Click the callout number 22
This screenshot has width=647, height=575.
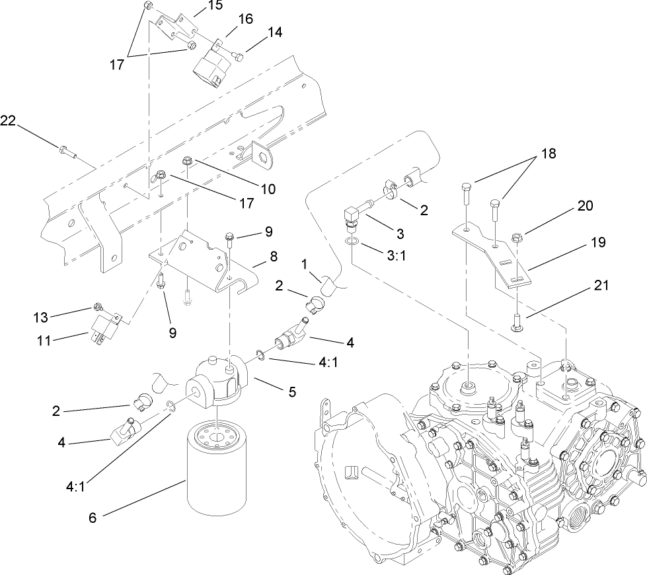point(8,120)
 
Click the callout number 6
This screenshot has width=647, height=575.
point(92,518)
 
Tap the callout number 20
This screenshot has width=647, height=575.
point(584,206)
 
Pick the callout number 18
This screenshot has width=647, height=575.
point(549,153)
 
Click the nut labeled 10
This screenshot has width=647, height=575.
point(186,160)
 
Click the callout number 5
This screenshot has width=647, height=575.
point(290,390)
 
